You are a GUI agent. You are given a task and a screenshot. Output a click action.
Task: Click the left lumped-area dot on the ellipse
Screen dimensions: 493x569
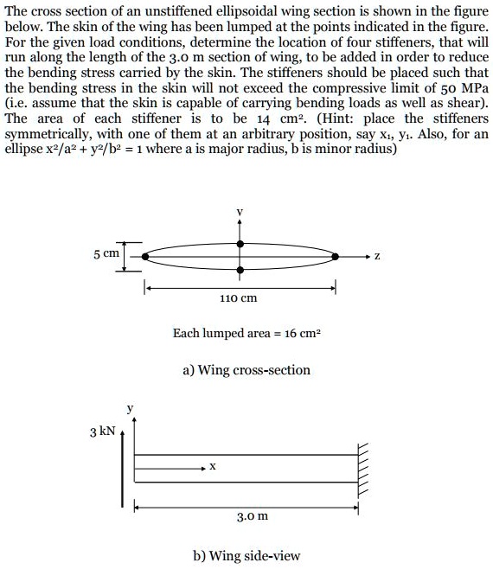click(x=145, y=257)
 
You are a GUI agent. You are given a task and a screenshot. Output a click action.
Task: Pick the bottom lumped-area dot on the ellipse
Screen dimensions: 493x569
click(x=240, y=271)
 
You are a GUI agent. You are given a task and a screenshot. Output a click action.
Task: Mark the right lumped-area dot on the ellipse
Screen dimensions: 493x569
click(x=336, y=257)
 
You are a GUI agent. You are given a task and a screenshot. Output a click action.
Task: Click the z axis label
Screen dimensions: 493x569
click(x=376, y=257)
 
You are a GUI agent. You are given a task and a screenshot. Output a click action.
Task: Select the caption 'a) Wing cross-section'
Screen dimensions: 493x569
click(x=246, y=370)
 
